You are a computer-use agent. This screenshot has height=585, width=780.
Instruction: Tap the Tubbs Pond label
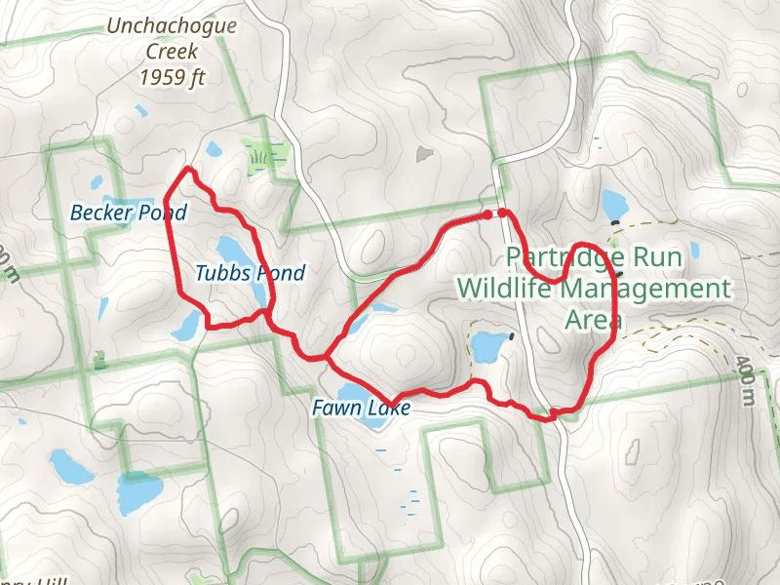(250, 274)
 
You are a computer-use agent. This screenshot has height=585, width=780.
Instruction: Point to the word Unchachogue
(172, 26)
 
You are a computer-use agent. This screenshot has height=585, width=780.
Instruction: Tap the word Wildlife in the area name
(511, 290)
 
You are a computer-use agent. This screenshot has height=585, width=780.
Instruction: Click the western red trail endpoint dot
(487, 214)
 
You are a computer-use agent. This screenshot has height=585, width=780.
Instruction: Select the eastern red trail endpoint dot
(502, 213)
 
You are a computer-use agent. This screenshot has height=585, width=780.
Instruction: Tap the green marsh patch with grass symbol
(259, 157)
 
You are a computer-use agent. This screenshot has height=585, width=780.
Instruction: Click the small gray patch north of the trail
(424, 154)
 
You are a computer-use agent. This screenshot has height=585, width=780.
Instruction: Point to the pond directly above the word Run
(614, 205)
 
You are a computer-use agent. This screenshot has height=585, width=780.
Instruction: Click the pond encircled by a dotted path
(487, 346)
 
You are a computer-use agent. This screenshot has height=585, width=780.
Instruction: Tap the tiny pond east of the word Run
(694, 251)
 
